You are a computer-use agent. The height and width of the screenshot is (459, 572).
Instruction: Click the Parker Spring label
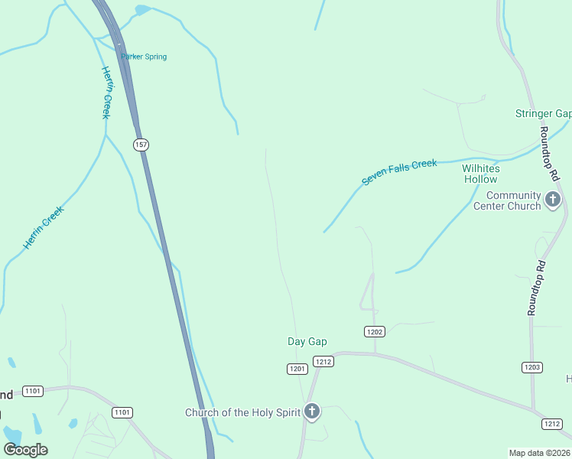point(144,57)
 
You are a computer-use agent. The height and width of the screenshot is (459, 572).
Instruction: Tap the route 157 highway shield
point(140,144)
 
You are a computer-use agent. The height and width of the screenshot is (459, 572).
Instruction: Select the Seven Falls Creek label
point(399,172)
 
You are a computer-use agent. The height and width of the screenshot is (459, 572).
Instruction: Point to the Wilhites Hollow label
point(480,174)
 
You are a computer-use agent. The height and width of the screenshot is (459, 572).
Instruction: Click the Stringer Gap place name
point(543,114)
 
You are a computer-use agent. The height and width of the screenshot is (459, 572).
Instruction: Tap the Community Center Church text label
point(507,200)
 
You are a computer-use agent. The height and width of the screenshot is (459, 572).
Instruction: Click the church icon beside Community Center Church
point(553,200)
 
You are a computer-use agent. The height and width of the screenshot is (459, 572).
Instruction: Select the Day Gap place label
point(307,341)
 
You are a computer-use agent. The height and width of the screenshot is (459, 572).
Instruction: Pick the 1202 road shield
point(374,331)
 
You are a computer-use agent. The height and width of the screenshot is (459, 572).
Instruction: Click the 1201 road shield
point(297,369)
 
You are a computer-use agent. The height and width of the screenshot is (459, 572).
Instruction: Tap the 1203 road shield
point(532,368)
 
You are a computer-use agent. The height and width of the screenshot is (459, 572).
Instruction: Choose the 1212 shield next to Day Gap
point(323,361)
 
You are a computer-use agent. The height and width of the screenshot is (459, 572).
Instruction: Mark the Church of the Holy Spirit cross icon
point(311,412)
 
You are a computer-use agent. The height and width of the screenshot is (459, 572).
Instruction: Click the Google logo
point(26,449)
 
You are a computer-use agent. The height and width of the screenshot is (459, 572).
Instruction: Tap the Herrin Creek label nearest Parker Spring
point(106,93)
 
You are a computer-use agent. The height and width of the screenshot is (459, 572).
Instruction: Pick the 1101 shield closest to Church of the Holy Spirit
point(122,412)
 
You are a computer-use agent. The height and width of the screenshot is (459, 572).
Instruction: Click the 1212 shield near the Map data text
point(551,423)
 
